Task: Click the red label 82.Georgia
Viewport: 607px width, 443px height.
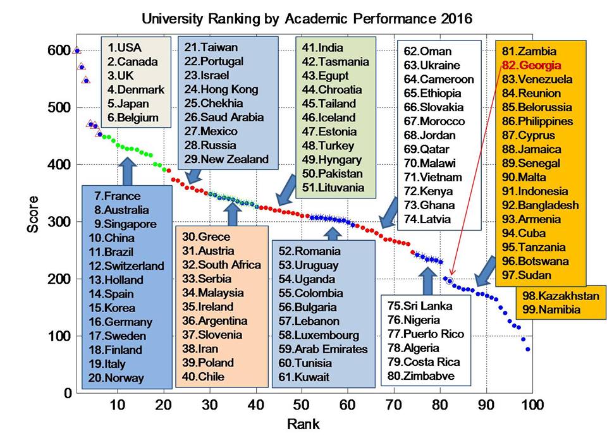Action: point(531,65)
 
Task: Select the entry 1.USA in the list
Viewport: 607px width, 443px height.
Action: point(125,48)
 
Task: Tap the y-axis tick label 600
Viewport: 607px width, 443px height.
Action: point(59,51)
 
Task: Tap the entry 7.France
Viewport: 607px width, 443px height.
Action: point(117,196)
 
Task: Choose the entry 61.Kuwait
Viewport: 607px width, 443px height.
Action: point(304,377)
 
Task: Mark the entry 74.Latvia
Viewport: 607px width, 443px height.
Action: point(427,219)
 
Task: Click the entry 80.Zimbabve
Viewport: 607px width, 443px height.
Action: point(420,377)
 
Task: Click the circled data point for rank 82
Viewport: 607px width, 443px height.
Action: point(450,281)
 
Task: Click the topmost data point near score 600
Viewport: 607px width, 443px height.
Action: point(77,51)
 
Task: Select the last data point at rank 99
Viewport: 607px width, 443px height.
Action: point(527,349)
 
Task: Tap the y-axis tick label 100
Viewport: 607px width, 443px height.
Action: point(59,336)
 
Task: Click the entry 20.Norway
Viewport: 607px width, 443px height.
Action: point(116,378)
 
